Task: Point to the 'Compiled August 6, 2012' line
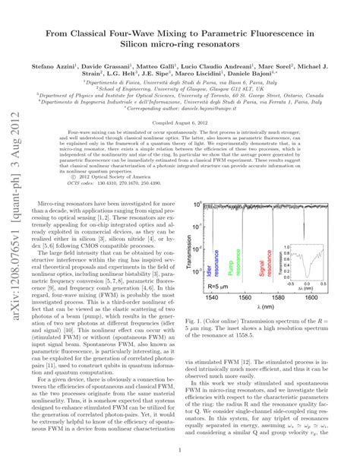(x=179, y=122)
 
